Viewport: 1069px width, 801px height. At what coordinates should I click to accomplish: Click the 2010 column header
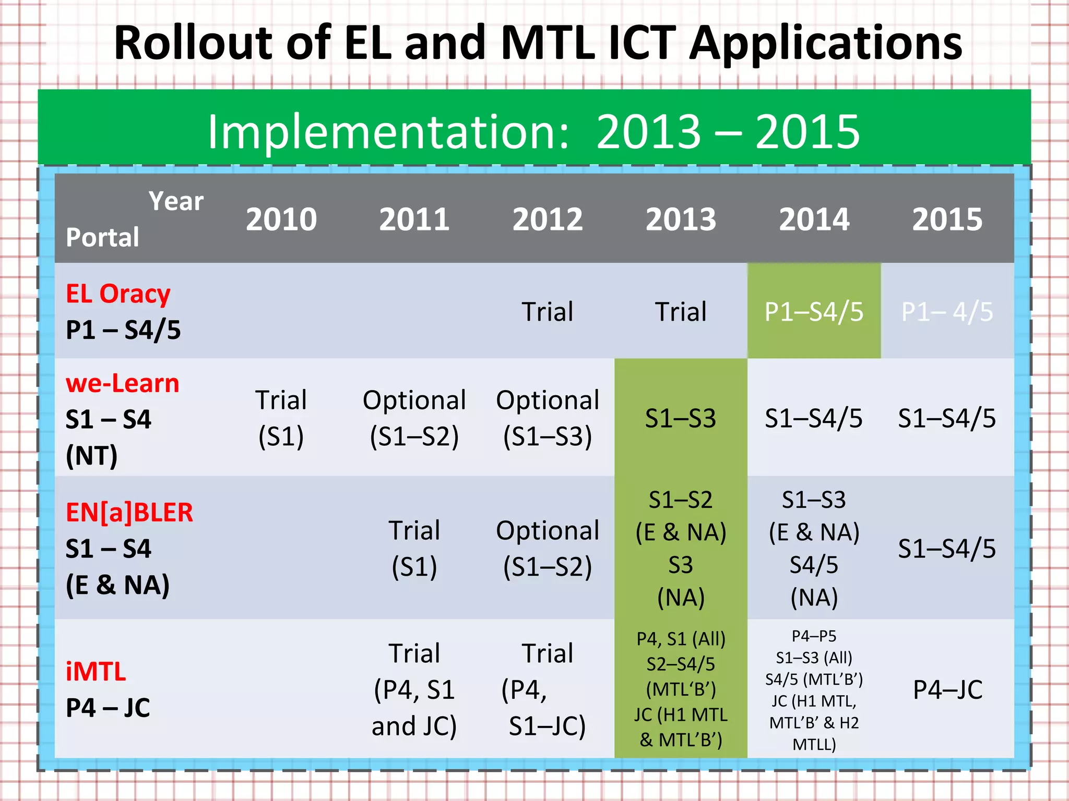point(281,219)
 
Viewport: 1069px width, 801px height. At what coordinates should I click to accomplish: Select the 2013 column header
point(681,219)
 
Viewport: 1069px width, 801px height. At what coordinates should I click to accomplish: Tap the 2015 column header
point(947,219)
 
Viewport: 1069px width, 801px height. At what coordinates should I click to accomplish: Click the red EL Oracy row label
point(118,294)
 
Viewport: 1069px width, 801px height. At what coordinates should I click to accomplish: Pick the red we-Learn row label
point(122,383)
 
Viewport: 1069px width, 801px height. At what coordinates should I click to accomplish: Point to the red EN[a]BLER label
point(129,512)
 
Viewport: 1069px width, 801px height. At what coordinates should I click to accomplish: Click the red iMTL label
point(96,671)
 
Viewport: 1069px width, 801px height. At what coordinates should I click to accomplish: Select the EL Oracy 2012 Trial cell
point(548,312)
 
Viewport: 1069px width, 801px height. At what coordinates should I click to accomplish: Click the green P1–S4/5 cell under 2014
point(814,312)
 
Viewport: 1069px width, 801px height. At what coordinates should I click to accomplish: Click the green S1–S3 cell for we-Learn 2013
point(681,418)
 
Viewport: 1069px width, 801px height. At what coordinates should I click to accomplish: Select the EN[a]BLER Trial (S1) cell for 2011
point(414,548)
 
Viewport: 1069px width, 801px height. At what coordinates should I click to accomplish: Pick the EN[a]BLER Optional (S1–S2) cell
point(548,548)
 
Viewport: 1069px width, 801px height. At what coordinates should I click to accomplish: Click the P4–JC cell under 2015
point(947,689)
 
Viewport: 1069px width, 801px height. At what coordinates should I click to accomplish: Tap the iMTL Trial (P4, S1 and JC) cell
point(414,689)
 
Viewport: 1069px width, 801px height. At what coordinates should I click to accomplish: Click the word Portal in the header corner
point(102,237)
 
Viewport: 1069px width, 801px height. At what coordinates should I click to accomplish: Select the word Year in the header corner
point(176,201)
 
